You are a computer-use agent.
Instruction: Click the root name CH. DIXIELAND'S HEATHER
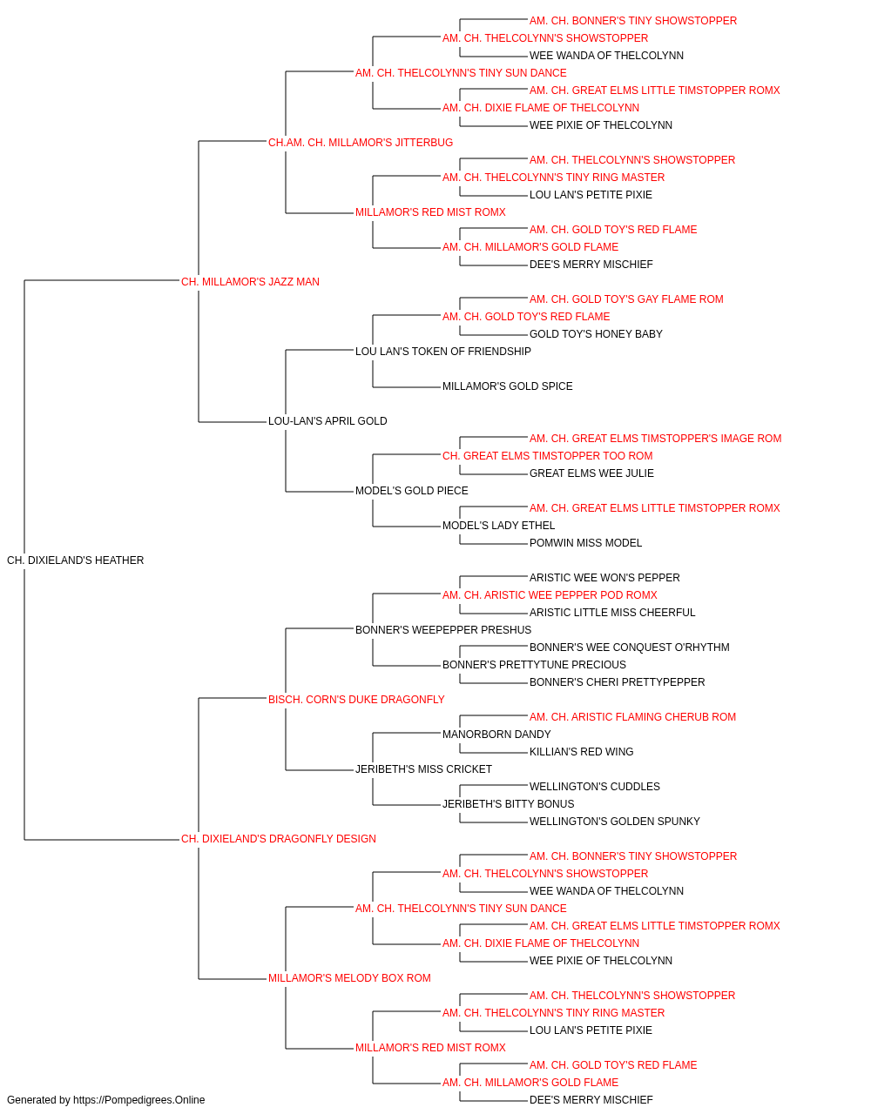pyautogui.click(x=76, y=560)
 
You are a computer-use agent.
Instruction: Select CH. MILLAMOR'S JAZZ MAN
pyautogui.click(x=250, y=282)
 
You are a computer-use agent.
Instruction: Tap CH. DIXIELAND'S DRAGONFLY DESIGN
pyautogui.click(x=279, y=839)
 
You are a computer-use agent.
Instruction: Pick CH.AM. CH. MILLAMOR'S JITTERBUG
pyautogui.click(x=361, y=143)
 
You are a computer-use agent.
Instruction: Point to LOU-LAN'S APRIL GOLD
pyautogui.click(x=327, y=421)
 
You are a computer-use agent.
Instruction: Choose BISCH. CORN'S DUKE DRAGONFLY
pyautogui.click(x=356, y=699)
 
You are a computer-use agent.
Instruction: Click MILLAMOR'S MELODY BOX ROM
pyautogui.click(x=349, y=978)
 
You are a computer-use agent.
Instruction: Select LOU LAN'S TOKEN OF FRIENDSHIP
pyautogui.click(x=443, y=351)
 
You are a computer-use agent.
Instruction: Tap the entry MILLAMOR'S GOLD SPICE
pyautogui.click(x=507, y=386)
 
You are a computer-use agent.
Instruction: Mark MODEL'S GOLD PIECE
pyautogui.click(x=411, y=491)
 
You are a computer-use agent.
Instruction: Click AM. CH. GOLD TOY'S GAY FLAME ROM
pyautogui.click(x=626, y=299)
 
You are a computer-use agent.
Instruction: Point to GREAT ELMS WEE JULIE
pyautogui.click(x=591, y=473)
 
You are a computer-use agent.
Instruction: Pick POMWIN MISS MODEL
pyautogui.click(x=585, y=543)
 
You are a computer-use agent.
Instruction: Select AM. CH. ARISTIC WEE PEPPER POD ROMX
pyautogui.click(x=550, y=595)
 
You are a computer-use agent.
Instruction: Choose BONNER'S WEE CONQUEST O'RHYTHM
pyautogui.click(x=630, y=648)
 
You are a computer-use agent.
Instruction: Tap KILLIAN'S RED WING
pyautogui.click(x=581, y=752)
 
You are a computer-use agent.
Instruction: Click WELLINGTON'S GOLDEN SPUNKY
pyautogui.click(x=615, y=822)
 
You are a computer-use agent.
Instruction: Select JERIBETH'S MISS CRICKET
pyautogui.click(x=423, y=769)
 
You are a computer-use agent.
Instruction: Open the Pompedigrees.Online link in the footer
pyautogui.click(x=138, y=1100)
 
